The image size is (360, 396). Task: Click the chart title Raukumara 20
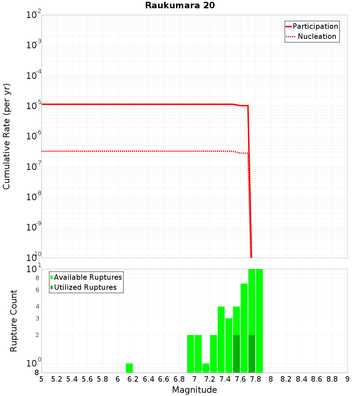pyautogui.click(x=180, y=5)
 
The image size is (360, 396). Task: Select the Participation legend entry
pyautogui.click(x=315, y=26)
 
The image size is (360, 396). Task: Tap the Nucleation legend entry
pyautogui.click(x=316, y=36)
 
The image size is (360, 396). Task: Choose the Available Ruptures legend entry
pyautogui.click(x=88, y=277)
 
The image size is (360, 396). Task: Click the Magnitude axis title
pyautogui.click(x=194, y=390)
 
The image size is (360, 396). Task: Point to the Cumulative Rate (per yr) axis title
pyautogui.click(x=6, y=136)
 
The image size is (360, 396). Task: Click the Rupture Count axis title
pyautogui.click(x=14, y=320)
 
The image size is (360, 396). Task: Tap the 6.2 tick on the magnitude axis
pyautogui.click(x=133, y=379)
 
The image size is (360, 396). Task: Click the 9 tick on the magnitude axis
pyautogui.click(x=347, y=379)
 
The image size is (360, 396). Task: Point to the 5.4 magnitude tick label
pyautogui.click(x=72, y=379)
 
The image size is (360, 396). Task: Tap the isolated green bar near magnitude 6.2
pyautogui.click(x=129, y=368)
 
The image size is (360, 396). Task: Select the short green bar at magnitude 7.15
pyautogui.click(x=206, y=368)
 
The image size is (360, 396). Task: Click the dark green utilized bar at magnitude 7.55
pyautogui.click(x=237, y=354)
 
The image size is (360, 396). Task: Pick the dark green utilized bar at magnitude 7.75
pyautogui.click(x=252, y=354)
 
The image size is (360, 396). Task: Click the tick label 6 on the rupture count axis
pyautogui.click(x=37, y=290)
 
